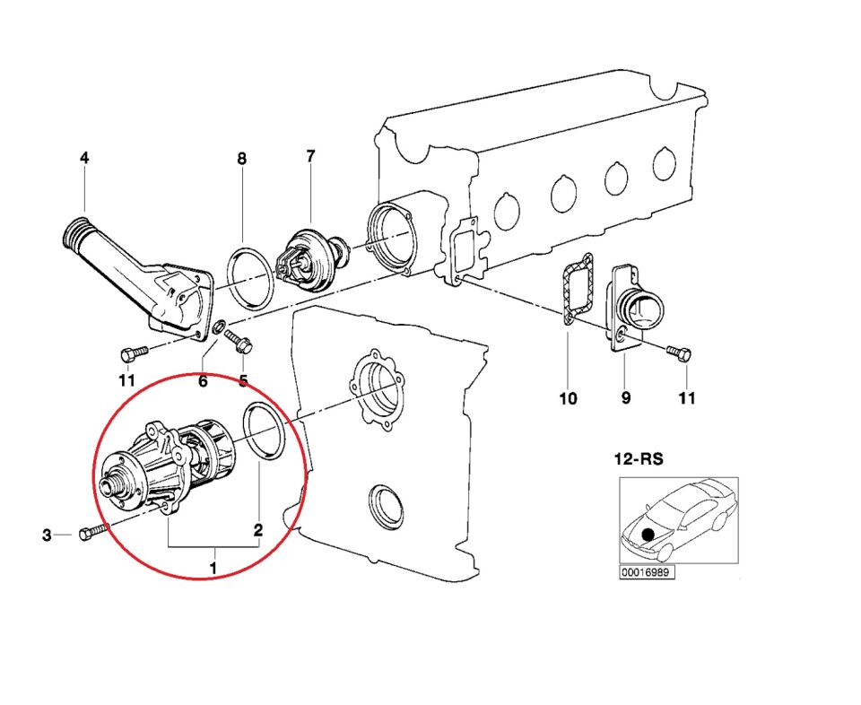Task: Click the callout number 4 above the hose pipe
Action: [84, 158]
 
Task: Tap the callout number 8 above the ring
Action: [241, 159]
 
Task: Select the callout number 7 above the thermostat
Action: [310, 156]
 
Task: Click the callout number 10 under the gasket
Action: [569, 398]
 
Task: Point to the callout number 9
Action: [626, 398]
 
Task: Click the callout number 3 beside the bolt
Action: [47, 536]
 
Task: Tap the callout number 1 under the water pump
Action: [213, 567]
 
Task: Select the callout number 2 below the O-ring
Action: [257, 530]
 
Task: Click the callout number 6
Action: [203, 381]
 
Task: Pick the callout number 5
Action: [243, 381]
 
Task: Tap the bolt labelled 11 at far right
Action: [679, 353]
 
